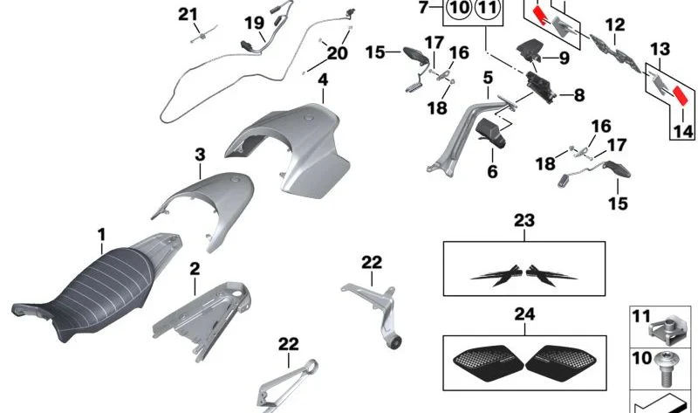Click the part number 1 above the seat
coord(102,235)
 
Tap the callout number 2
coord(195,269)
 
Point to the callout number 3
coord(201,155)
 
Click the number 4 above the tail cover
coord(323,80)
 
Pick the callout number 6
coord(492,171)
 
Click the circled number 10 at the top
coord(459,8)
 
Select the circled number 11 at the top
coord(488,8)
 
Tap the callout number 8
coord(578,95)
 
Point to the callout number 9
coord(564,58)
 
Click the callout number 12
coord(615,25)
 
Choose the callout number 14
coord(683,132)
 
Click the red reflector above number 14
coord(681,95)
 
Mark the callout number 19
coord(255,23)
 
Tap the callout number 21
coord(188,14)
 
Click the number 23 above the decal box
coord(524,221)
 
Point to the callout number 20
coord(337,53)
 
